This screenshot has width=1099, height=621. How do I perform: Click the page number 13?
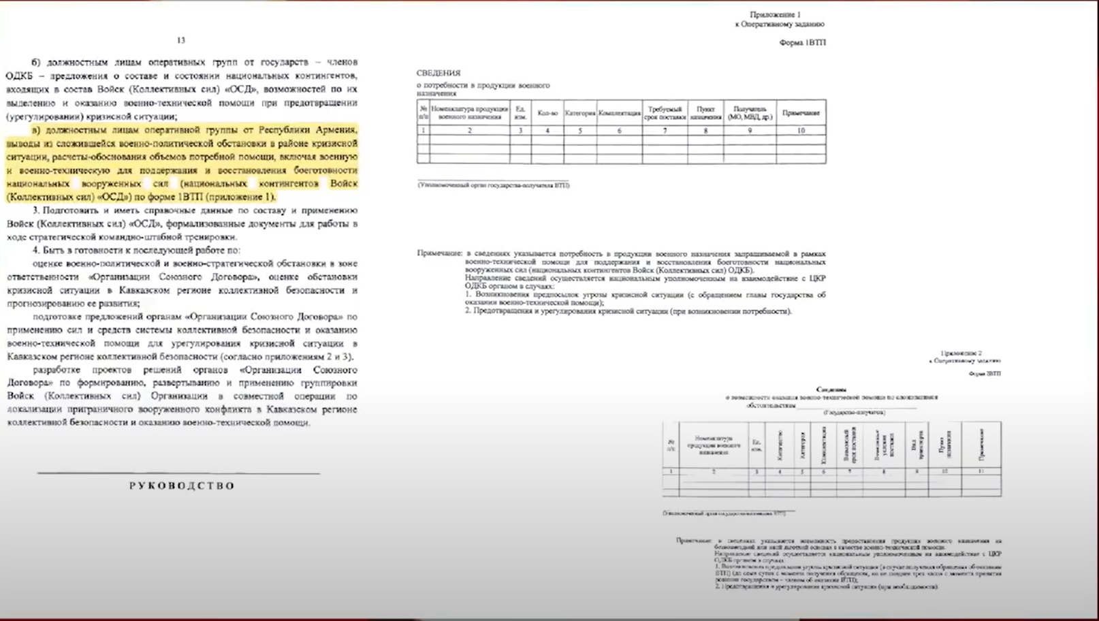click(180, 40)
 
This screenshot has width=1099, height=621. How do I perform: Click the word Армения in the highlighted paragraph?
click(334, 129)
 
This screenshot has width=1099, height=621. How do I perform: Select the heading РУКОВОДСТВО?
click(182, 486)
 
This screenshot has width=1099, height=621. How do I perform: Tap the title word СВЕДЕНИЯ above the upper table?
click(439, 73)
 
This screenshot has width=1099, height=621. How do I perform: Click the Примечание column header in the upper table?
click(801, 113)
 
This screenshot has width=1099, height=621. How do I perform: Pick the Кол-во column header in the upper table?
click(547, 113)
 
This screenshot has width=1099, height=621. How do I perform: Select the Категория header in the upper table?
click(580, 113)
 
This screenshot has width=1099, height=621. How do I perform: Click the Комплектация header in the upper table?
click(619, 113)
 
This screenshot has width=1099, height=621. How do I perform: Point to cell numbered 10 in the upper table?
click(801, 130)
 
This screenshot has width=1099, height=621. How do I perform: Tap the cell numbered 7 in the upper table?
click(665, 130)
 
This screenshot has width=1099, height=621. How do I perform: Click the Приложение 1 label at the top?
click(775, 14)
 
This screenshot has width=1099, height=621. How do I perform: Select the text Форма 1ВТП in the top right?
click(802, 42)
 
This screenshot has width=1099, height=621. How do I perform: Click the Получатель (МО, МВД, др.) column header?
click(750, 113)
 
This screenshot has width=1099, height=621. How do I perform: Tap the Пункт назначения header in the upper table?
click(705, 113)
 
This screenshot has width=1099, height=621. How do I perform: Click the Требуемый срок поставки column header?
click(665, 113)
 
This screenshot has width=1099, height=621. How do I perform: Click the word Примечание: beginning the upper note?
click(439, 253)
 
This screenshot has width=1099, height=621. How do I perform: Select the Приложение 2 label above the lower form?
click(961, 353)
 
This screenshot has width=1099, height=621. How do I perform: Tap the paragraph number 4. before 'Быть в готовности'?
click(37, 251)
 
